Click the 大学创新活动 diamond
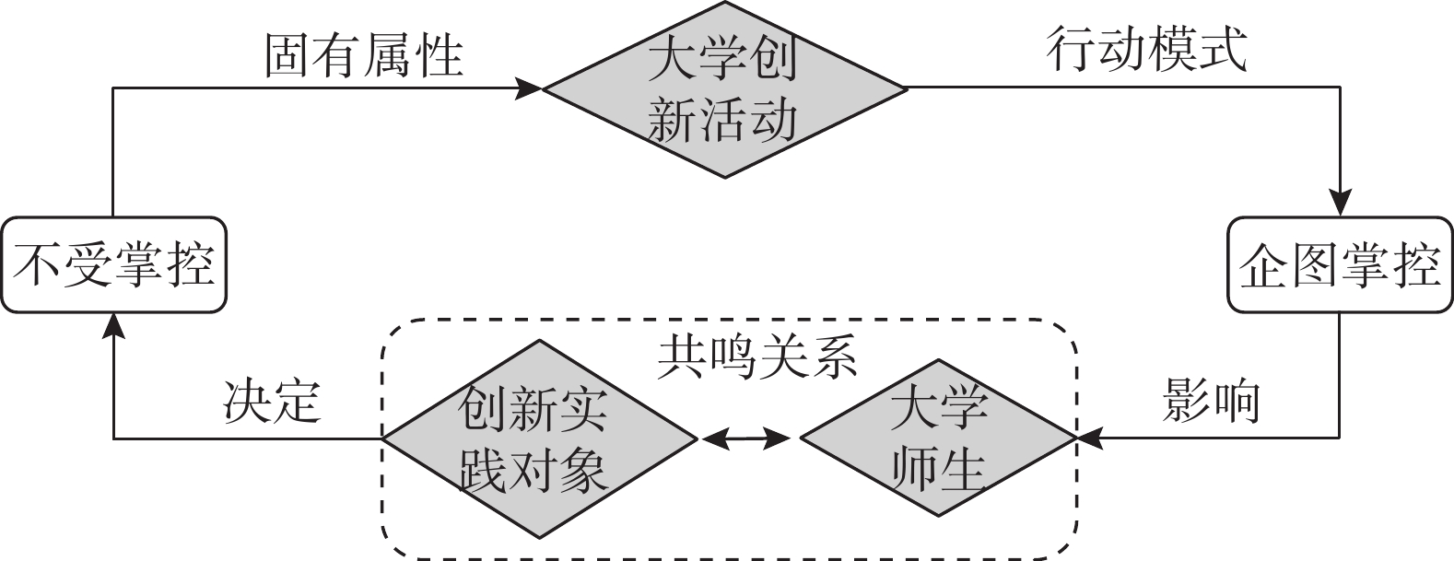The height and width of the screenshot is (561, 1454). (x=724, y=89)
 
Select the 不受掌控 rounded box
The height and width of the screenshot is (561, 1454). (x=113, y=264)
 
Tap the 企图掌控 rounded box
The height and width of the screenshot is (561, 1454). (x=1340, y=264)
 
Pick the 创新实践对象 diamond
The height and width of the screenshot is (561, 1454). (x=540, y=438)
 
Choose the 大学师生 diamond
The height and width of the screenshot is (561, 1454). (x=938, y=438)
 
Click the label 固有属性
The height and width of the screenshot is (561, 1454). (x=363, y=55)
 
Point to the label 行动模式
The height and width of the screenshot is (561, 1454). (x=1148, y=50)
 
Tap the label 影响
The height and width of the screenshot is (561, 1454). (x=1211, y=402)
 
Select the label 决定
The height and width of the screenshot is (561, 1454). (x=273, y=402)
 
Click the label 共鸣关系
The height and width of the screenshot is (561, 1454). (x=757, y=354)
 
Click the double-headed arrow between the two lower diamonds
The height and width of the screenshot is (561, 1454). (x=746, y=439)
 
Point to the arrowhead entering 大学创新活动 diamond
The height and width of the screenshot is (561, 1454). (x=529, y=88)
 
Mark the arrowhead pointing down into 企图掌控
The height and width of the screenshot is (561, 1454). (x=1340, y=204)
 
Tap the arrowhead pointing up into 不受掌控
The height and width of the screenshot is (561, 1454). (x=113, y=324)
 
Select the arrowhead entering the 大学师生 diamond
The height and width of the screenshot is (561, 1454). (x=1088, y=438)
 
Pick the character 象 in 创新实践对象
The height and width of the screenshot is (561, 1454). (x=582, y=470)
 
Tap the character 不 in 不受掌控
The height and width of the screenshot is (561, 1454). (x=39, y=265)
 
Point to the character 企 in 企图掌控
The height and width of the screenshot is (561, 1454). (x=1263, y=265)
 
